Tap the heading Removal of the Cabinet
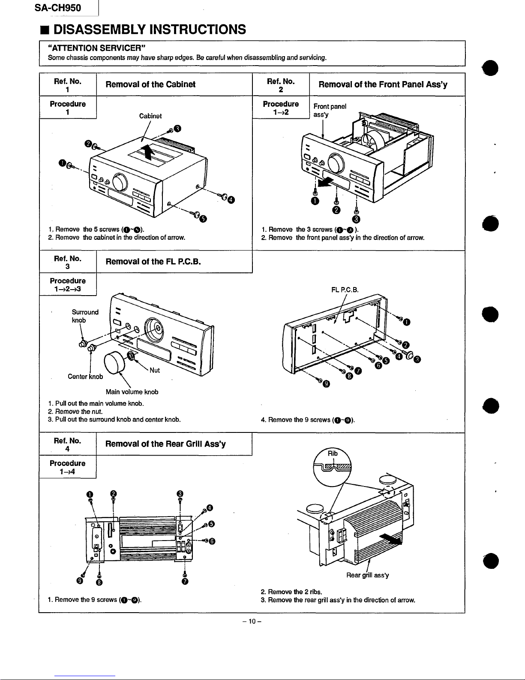click(150, 85)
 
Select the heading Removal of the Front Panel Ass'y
click(383, 85)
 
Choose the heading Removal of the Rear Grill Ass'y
click(165, 444)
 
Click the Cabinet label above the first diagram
click(150, 116)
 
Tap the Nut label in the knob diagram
click(155, 370)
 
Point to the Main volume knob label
click(132, 392)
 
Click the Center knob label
click(85, 377)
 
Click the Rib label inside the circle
click(333, 453)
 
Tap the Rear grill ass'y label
click(367, 575)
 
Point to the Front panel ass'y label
click(330, 110)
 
